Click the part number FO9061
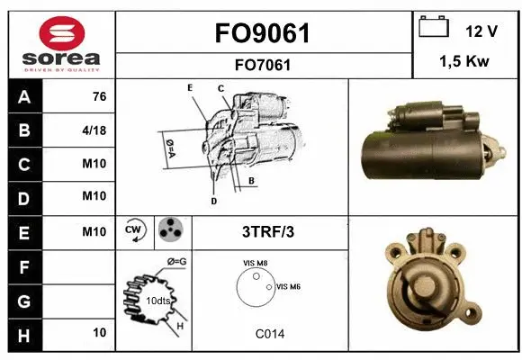point(264,34)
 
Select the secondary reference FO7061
point(264,65)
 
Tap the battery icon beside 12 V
point(435,28)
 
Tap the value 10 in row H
point(98,332)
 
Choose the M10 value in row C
point(94,165)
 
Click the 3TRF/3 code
point(268,231)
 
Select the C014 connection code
point(269,334)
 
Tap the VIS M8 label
point(255,263)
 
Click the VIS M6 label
point(288,286)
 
